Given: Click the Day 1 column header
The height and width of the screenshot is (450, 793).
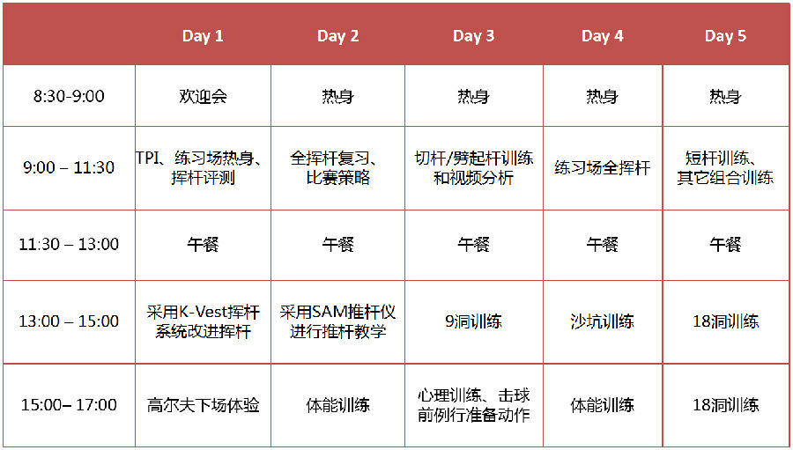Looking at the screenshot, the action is [x=203, y=36].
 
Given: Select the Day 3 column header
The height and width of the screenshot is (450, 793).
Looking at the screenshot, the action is [x=473, y=36].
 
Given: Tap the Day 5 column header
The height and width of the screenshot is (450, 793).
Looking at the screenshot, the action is [x=725, y=36].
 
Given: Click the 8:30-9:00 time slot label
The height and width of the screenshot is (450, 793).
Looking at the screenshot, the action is [x=69, y=96].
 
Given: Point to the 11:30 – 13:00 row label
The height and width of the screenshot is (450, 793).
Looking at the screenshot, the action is [x=69, y=245].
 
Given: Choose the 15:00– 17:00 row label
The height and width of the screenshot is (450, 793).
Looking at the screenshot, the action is [x=69, y=405].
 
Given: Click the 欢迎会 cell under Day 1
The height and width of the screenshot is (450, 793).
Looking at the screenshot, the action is [x=203, y=96].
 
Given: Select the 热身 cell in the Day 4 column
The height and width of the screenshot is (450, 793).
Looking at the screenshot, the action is [x=602, y=96].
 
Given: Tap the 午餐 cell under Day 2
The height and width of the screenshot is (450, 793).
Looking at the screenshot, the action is [x=337, y=245].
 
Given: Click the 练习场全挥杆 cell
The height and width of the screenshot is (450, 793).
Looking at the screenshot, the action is [x=602, y=168].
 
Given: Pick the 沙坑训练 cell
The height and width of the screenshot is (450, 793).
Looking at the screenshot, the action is [x=602, y=321].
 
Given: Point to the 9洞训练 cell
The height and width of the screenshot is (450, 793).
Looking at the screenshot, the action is [x=473, y=321].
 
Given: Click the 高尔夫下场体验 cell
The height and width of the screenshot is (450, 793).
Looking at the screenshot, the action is [x=203, y=405].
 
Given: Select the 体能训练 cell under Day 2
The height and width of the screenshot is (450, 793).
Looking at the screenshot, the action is [x=337, y=405].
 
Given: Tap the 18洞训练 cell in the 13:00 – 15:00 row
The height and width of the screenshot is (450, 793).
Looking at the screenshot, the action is [x=725, y=321].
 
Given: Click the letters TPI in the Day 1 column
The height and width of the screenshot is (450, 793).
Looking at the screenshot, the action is [x=147, y=159].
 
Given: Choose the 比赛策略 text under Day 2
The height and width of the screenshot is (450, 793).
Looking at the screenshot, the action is [x=337, y=178].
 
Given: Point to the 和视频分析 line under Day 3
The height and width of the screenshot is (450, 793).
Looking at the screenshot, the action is [x=473, y=178].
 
